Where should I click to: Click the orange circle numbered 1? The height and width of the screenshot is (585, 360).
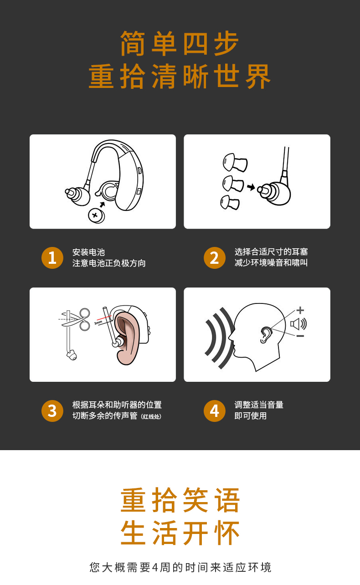[52, 258]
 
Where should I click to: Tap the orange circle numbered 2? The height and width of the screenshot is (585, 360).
[215, 258]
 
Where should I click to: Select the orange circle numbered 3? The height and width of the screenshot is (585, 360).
[52, 411]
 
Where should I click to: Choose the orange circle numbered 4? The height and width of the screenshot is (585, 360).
[215, 411]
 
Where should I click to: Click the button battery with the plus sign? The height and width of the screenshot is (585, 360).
[97, 216]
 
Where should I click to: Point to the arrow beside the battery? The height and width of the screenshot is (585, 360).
[102, 204]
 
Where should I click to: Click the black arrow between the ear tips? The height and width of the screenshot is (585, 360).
[251, 187]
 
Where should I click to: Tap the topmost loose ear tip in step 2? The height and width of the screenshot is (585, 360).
[235, 163]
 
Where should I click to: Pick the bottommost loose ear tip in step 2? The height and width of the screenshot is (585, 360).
[229, 202]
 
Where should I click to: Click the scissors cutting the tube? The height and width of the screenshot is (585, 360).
[76, 319]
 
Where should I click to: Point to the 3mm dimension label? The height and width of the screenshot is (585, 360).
[98, 323]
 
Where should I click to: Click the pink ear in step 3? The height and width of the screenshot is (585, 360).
[128, 338]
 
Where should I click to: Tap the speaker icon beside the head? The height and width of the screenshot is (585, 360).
[298, 324]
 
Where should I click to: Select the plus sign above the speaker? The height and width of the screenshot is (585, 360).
[300, 310]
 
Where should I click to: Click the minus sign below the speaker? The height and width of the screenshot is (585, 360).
[300, 336]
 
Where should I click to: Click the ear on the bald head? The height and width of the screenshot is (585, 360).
[266, 335]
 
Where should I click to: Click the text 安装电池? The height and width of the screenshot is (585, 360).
[88, 252]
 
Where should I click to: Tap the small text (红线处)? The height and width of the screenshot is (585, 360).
[151, 416]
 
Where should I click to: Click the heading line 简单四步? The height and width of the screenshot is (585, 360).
[180, 43]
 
